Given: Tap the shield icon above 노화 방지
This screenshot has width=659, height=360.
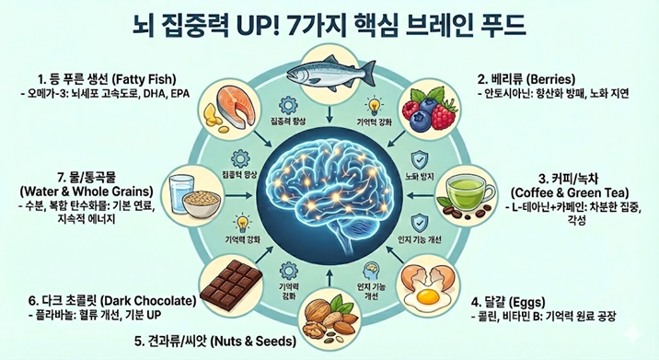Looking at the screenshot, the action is point(419,157).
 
